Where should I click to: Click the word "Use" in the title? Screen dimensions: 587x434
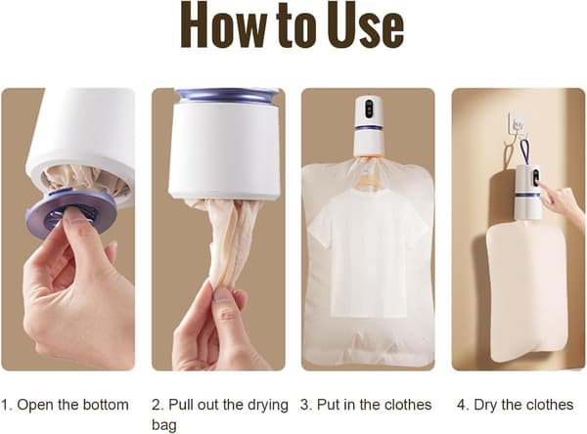(366, 26)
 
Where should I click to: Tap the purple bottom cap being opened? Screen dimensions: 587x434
(71, 213)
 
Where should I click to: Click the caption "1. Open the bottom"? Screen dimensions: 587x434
(65, 405)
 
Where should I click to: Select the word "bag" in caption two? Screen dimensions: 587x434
(164, 425)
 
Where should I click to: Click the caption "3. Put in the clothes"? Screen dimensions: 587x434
(366, 405)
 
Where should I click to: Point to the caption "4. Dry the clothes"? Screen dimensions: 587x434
(516, 405)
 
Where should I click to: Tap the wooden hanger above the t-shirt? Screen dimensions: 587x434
(369, 180)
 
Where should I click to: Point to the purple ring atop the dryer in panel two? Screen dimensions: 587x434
(227, 95)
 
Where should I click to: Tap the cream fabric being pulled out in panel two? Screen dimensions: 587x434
(225, 243)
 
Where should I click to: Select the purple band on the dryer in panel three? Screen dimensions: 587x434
(369, 128)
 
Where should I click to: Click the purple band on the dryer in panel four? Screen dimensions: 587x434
(528, 195)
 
